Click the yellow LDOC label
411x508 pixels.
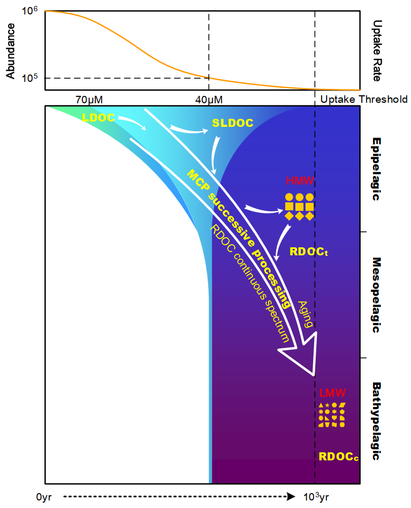click(98, 117)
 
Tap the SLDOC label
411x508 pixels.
click(232, 123)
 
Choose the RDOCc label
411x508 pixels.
click(338, 457)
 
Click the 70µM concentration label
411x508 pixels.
click(89, 100)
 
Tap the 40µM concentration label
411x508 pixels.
click(209, 100)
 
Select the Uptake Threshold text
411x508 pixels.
click(363, 100)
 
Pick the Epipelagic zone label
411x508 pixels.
click(376, 169)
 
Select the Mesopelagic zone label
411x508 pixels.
click(376, 295)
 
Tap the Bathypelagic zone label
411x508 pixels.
click(376, 421)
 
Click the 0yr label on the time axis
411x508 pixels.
click(46, 497)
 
